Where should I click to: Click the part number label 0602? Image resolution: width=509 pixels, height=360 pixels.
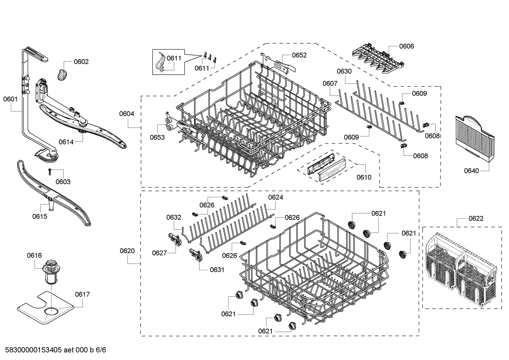coord(81,62)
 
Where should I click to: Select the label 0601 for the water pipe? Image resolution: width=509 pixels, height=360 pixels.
coord(10,99)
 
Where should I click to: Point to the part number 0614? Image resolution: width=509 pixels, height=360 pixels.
coord(66,142)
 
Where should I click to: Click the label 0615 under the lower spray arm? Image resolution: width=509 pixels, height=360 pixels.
coord(40,216)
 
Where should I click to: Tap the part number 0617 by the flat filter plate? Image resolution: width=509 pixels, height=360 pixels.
coord(82,294)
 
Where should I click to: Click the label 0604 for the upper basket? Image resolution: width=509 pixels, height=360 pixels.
coord(126,114)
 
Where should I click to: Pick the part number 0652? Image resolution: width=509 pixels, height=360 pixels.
coord(299,55)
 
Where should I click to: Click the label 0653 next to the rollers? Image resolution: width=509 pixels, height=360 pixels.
coord(157,137)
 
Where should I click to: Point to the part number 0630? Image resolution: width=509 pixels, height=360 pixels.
coord(344,71)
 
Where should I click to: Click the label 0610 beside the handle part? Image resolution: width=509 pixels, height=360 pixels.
coord(364,177)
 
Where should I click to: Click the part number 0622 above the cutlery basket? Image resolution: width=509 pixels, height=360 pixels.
coord(476,218)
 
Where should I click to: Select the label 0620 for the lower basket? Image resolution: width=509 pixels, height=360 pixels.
coord(127,251)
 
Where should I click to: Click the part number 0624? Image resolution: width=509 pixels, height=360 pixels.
coord(275,197)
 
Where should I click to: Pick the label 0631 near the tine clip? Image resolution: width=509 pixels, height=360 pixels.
coord(217,270)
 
